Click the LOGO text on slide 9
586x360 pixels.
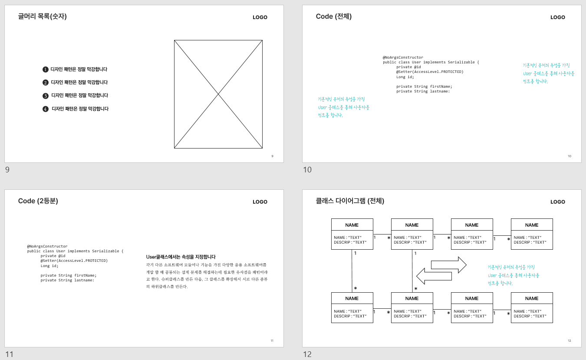pyautogui.click(x=260, y=17)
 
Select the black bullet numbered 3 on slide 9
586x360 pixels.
pyautogui.click(x=45, y=96)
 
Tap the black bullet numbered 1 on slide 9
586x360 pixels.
pyautogui.click(x=45, y=69)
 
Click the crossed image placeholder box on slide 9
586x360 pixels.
pyautogui.click(x=218, y=94)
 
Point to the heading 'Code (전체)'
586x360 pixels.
pyautogui.click(x=333, y=17)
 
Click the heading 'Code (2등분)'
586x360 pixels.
pyautogui.click(x=38, y=201)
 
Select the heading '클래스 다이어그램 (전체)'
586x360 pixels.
pyautogui.click(x=350, y=201)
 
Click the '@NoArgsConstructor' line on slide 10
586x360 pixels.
pyautogui.click(x=402, y=57)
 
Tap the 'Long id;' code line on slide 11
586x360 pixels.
pyautogui.click(x=49, y=266)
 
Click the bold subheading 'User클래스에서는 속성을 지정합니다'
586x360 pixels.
pyautogui.click(x=181, y=257)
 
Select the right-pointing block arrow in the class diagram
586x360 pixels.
pyautogui.click(x=448, y=264)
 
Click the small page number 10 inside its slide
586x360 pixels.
pyautogui.click(x=569, y=156)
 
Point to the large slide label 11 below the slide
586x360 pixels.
pyautogui.click(x=9, y=354)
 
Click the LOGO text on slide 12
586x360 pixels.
pyautogui.click(x=558, y=202)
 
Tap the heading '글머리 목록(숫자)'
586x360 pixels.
pyautogui.click(x=43, y=17)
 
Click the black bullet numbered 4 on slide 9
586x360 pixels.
pyautogui.click(x=45, y=109)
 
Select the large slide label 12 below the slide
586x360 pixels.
pyautogui.click(x=307, y=354)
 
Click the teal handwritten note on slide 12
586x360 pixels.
pyautogui.click(x=514, y=275)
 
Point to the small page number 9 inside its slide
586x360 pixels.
pyautogui.click(x=272, y=156)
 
